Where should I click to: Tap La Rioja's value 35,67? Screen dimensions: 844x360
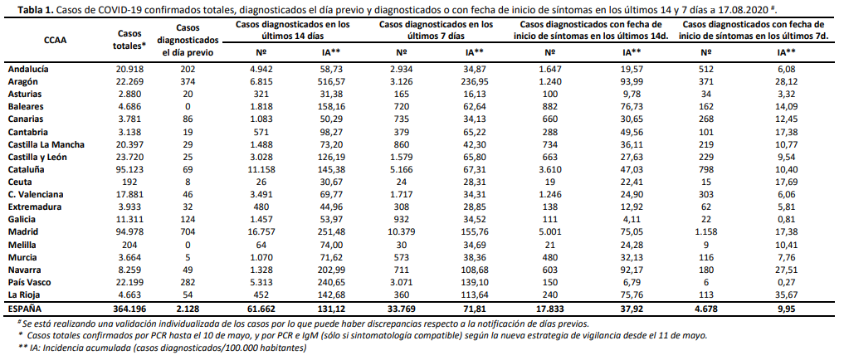(x=787, y=294)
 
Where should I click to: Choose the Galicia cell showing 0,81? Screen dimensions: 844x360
(x=787, y=219)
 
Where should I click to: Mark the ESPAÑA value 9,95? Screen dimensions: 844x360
(x=787, y=309)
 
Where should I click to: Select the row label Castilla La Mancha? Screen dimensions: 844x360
(x=46, y=144)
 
